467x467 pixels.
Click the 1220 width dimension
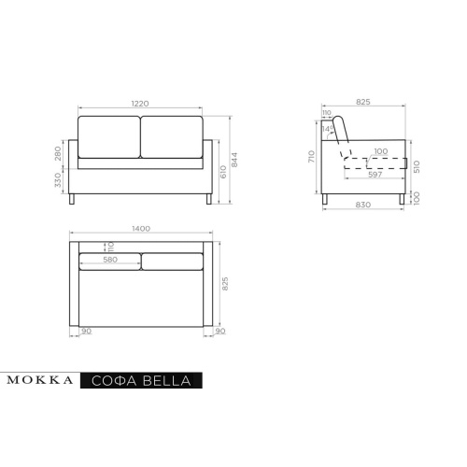click(x=140, y=104)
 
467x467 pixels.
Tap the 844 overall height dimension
click(x=234, y=160)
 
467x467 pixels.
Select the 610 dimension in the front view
click(x=223, y=172)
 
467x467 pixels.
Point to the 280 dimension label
click(x=58, y=153)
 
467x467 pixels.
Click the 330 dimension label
click(x=58, y=180)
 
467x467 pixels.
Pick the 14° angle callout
click(x=327, y=129)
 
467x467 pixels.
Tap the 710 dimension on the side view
click(x=312, y=156)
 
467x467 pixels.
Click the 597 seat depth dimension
click(x=375, y=175)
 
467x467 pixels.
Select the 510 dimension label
click(x=417, y=166)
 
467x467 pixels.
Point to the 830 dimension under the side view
click(x=363, y=205)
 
